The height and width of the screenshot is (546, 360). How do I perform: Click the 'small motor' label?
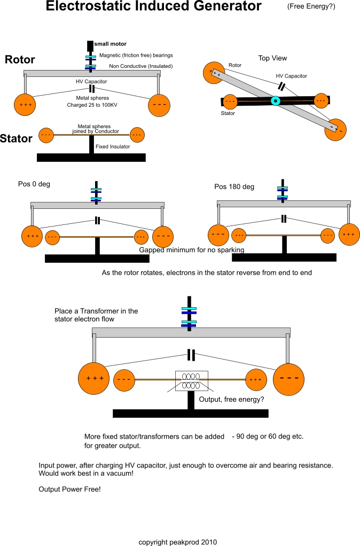(111, 44)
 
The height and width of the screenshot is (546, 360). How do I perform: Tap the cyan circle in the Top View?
(276, 101)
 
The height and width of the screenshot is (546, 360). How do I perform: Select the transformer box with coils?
(192, 381)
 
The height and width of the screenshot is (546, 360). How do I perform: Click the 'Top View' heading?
(272, 58)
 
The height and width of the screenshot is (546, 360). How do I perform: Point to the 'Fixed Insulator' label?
(113, 146)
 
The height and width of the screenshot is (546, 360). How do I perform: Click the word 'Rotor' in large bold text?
(20, 59)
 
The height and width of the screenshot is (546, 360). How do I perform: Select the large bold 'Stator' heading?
(16, 138)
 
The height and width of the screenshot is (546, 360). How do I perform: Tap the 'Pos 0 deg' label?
(34, 184)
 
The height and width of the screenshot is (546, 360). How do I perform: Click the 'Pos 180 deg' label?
(234, 186)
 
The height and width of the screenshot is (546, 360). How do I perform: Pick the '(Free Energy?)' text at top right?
(311, 6)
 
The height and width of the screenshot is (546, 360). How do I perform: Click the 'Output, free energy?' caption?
(231, 400)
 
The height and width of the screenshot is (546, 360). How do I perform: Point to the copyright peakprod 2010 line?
(177, 542)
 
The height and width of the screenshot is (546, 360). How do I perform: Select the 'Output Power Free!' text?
(69, 489)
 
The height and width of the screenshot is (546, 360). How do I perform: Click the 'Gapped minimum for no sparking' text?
(192, 249)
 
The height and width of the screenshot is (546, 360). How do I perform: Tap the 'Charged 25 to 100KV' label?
(92, 105)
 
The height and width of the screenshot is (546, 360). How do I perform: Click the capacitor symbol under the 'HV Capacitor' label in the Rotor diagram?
(92, 89)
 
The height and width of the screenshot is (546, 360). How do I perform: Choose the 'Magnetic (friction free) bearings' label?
(136, 55)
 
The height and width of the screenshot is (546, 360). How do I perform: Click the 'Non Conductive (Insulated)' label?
(140, 66)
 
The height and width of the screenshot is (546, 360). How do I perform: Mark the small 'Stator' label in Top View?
(228, 113)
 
